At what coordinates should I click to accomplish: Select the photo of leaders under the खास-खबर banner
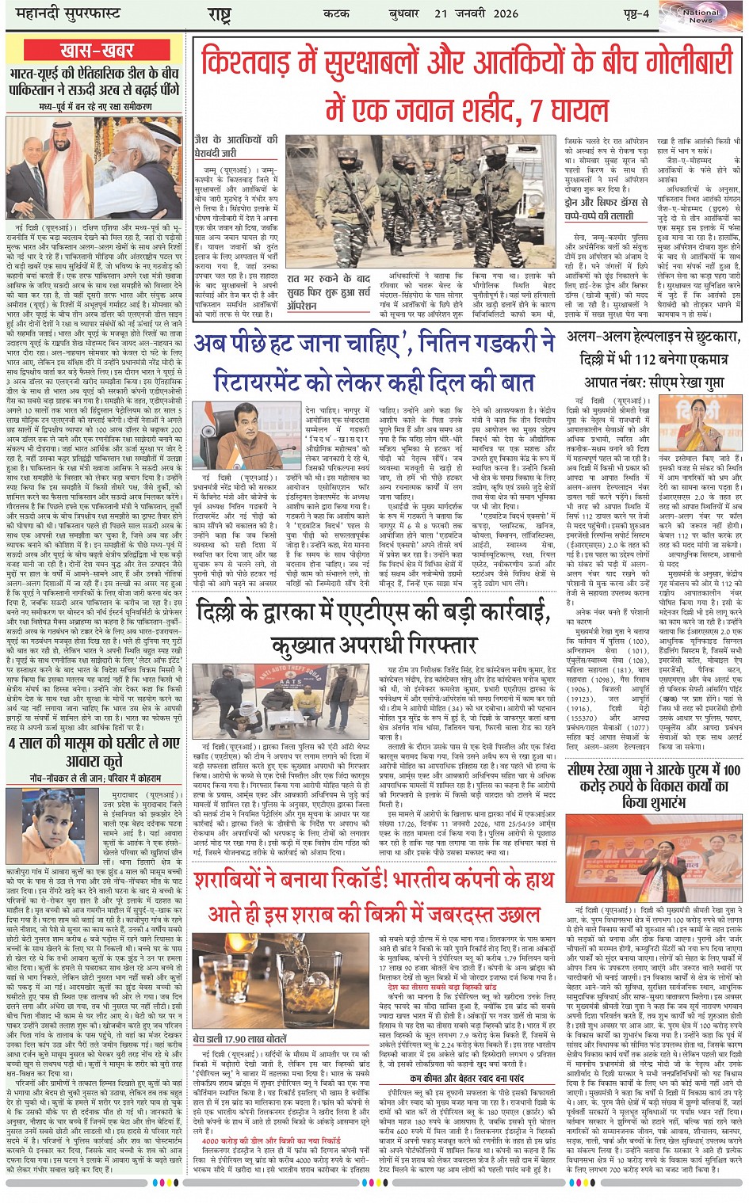(x=94, y=168)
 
